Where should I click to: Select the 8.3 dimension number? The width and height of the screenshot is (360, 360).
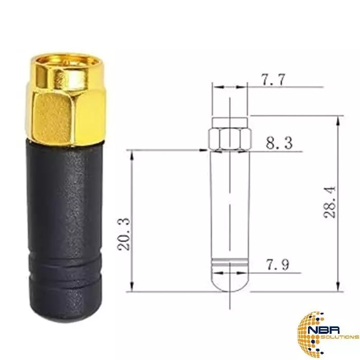(279, 143)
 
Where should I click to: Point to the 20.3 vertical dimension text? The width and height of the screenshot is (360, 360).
(124, 234)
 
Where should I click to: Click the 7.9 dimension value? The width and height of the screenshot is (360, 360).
(277, 265)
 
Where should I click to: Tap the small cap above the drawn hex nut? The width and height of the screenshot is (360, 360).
(230, 122)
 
